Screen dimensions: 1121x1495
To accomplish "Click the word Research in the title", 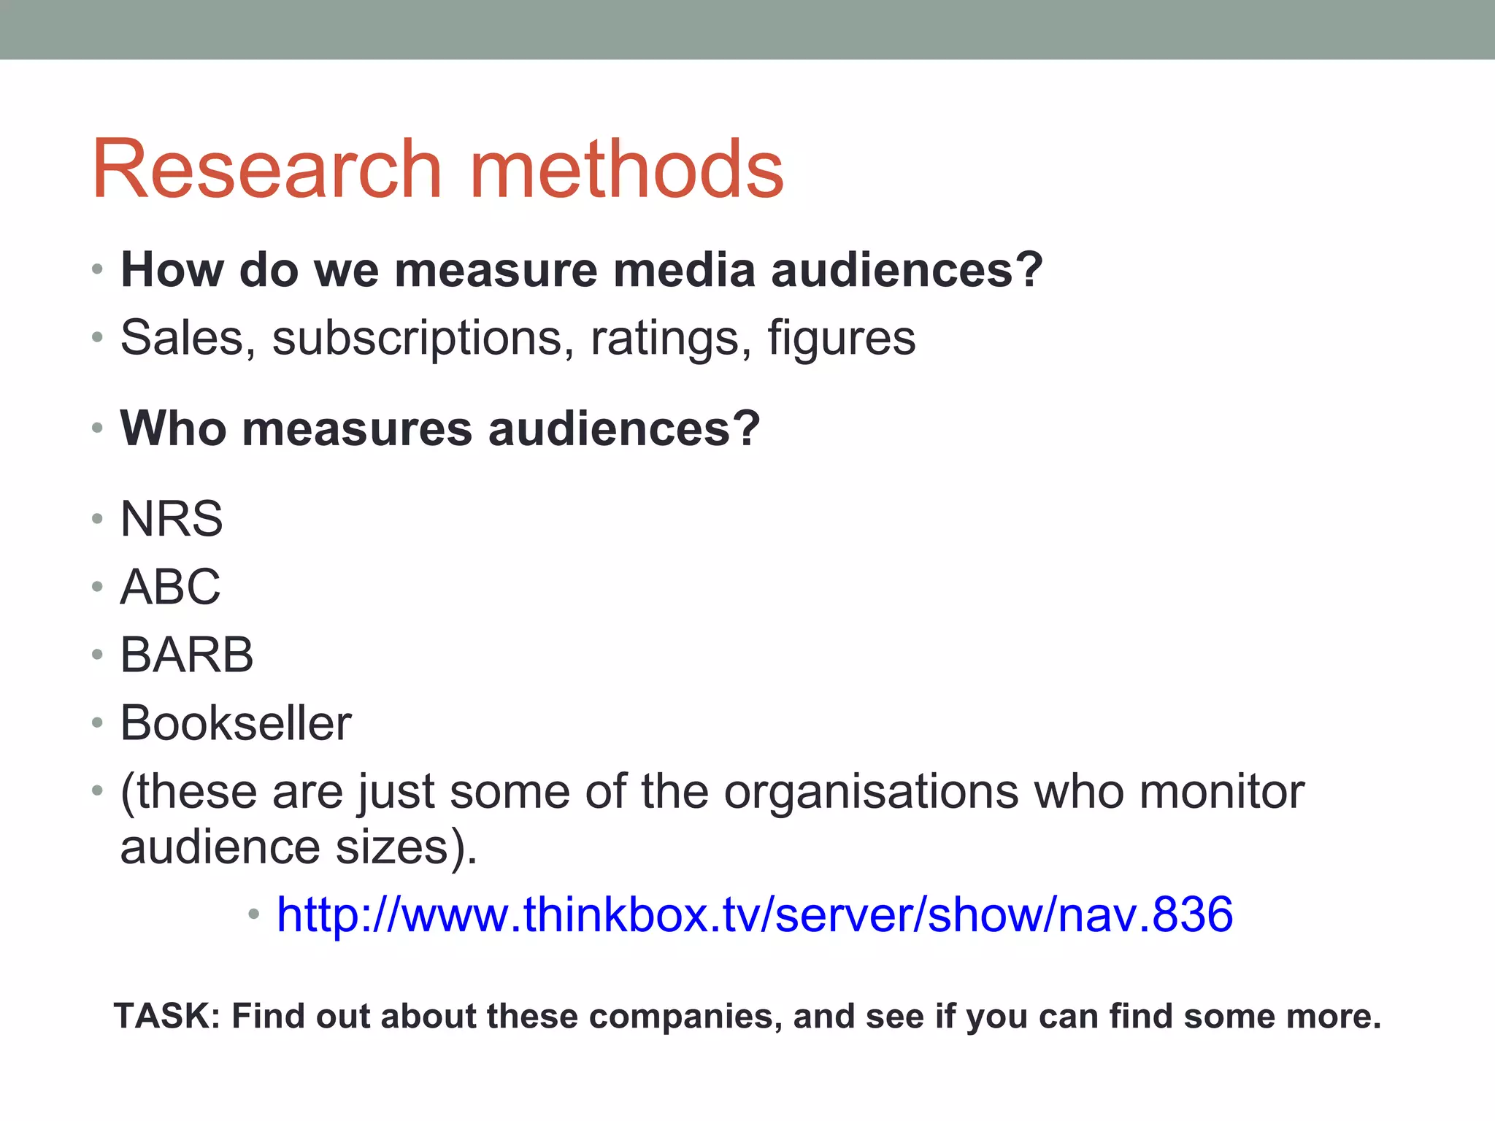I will tap(266, 169).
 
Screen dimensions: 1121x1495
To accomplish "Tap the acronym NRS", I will tap(172, 519).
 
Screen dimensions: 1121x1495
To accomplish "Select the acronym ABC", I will tap(170, 587).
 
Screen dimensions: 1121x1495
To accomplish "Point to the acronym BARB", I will tap(187, 655).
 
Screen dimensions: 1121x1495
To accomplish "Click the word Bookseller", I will tap(236, 723).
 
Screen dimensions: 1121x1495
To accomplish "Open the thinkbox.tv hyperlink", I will tap(755, 914).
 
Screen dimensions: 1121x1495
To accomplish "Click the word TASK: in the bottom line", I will tap(167, 1016).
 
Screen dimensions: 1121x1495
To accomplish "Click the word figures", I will tap(841, 339).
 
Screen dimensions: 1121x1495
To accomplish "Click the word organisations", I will tap(871, 792).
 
